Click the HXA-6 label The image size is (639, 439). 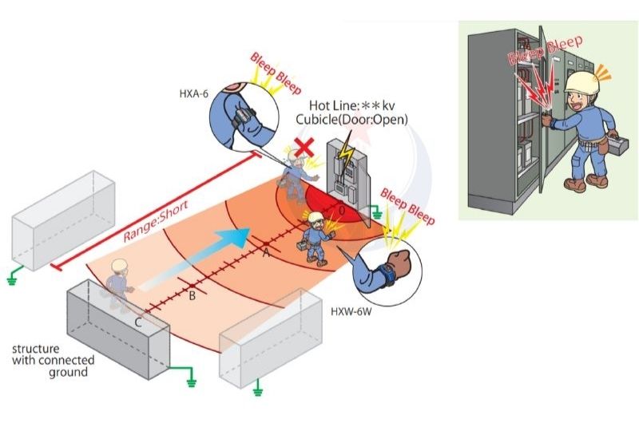coord(193,93)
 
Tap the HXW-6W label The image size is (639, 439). coord(349,307)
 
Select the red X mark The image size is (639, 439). coord(303,146)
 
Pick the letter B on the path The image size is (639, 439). coord(192,296)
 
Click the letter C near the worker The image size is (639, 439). coord(139,322)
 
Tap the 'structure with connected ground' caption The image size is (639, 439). coord(49,361)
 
